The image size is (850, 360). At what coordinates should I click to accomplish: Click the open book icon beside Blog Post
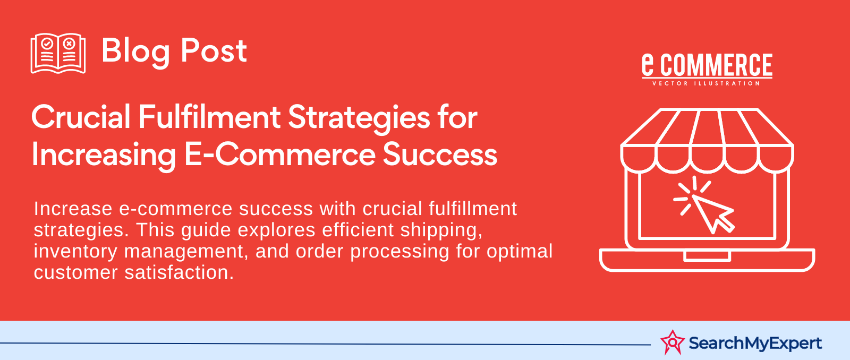coord(58,53)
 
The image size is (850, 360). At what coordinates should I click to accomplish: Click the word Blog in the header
coord(135,52)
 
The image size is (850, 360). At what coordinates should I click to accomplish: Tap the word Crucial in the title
coord(81,117)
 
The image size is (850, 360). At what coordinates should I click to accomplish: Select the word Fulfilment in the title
coord(209,117)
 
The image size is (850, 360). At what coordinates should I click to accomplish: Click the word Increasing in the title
coord(104,156)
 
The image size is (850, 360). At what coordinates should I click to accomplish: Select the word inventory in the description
coord(75,252)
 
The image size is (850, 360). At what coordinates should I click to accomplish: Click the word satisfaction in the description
coord(179,272)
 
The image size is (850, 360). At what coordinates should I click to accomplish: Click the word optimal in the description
coord(520,252)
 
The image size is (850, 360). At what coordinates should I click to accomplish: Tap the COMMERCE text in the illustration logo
coord(717,65)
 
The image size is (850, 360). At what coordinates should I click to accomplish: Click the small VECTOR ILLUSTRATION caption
coord(706,83)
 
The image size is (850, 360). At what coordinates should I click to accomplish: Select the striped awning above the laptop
coord(707,140)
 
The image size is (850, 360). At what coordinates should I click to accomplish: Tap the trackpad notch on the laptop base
coord(707,256)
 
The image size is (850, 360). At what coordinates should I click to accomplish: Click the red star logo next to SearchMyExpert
coord(673,342)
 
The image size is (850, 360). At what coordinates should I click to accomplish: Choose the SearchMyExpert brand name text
coord(755,344)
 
